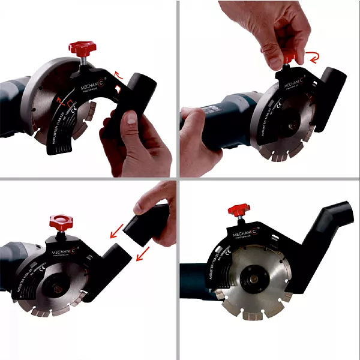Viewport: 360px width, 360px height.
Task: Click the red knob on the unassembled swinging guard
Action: [83, 48]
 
